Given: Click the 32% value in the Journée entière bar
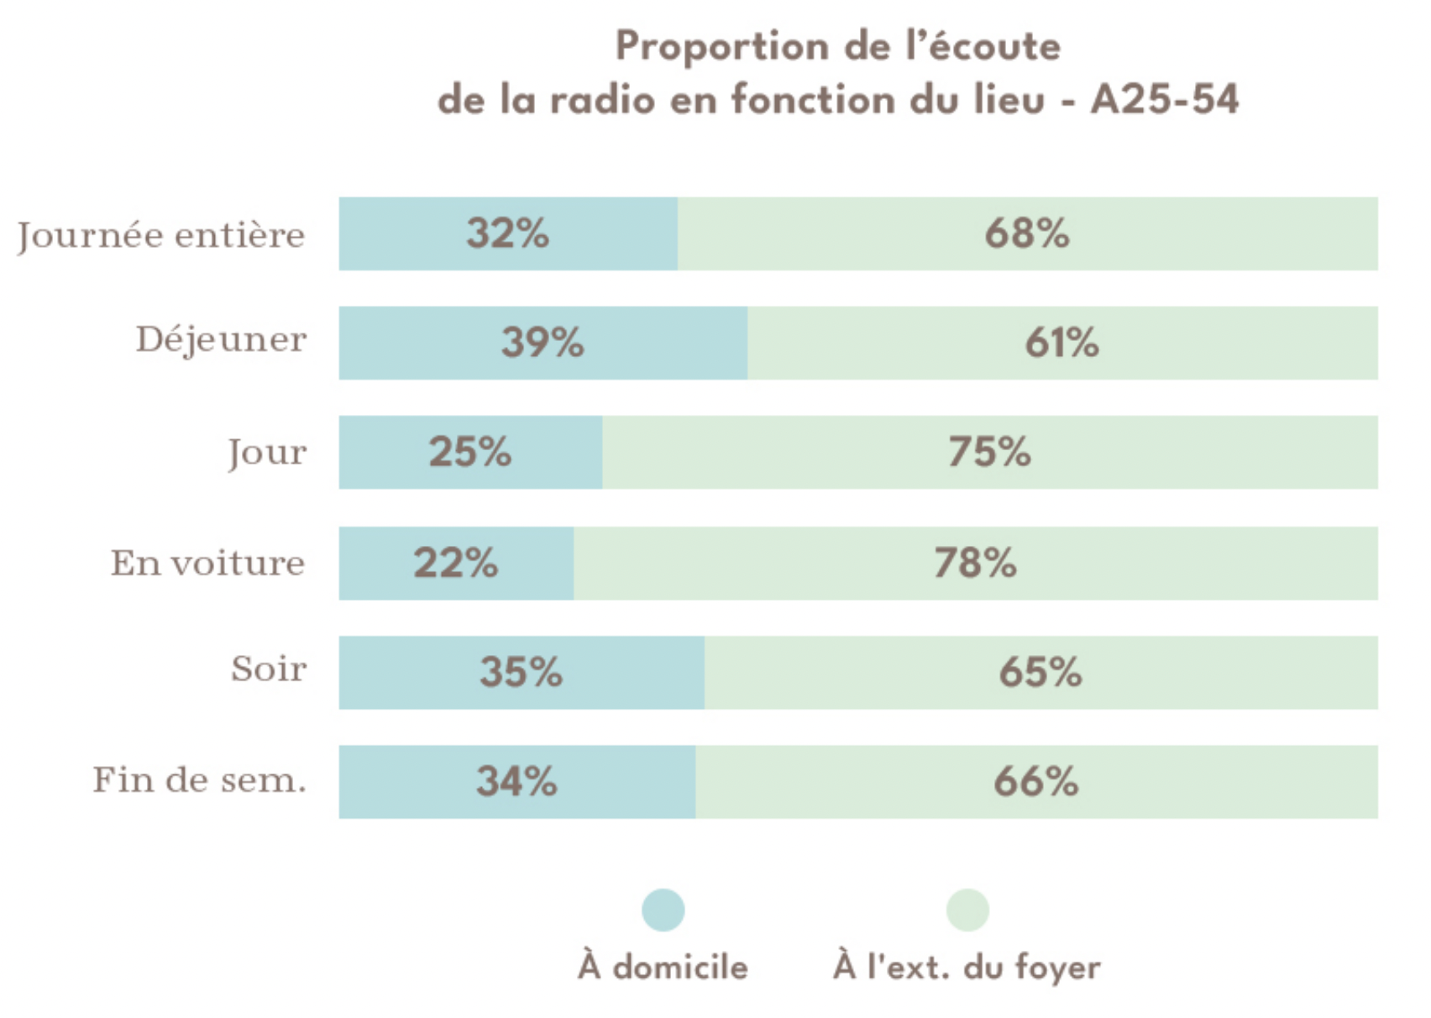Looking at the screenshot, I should coord(508,234).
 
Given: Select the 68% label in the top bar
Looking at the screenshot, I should coord(1027,234).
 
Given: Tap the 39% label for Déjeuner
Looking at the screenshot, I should coord(543,343).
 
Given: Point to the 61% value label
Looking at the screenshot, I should coord(1061,343).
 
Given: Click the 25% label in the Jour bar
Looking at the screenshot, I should coord(470,452).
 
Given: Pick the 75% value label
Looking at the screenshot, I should coord(989,452).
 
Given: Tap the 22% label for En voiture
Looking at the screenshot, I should coord(455,563).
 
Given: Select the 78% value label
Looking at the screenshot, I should coord(975,563).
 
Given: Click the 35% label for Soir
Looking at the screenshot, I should coord(521,672).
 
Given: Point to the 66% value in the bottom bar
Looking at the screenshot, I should coord(1035,782).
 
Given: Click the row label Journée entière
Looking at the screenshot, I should coord(161,235).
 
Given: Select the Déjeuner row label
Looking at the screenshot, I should coord(221,340).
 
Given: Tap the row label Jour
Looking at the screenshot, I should coord(267,453).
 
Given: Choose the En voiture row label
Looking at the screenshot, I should coord(207,563).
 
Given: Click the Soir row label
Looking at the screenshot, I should coord(269,669).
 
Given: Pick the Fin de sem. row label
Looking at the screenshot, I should coord(199,780).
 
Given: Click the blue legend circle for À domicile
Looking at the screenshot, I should coord(663,910).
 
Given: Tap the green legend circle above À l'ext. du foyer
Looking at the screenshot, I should coord(967,910).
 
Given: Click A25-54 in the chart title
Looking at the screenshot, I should coord(1164,100).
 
